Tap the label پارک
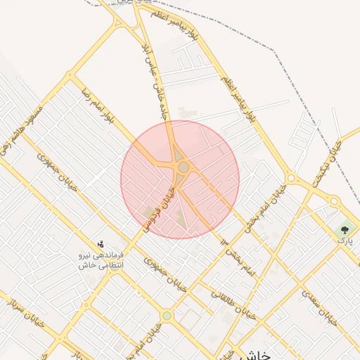coord(345,240)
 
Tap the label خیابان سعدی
coord(321,309)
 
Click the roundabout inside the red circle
coord(184,167)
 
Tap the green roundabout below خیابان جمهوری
coord(167,316)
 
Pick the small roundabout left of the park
coord(334,201)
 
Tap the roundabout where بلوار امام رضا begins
coord(69,75)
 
